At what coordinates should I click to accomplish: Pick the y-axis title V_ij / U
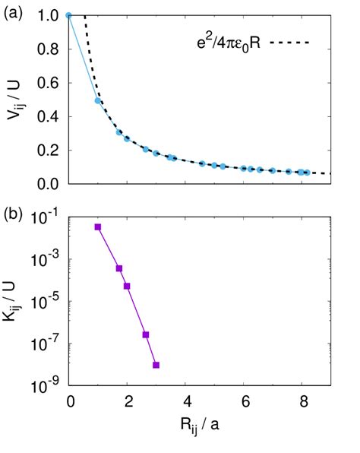[x=16, y=99]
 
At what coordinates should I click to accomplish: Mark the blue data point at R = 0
[x=69, y=15]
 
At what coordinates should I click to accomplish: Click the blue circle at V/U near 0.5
[x=98, y=100]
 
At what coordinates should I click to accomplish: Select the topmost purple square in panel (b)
[x=98, y=227]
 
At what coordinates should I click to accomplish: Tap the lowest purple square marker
[x=156, y=365]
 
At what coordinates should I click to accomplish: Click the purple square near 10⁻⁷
[x=145, y=334]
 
